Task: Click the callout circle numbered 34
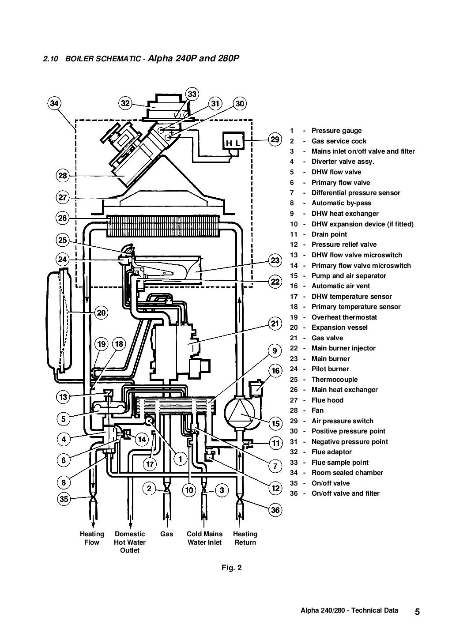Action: (54, 104)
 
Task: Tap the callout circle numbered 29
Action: (275, 140)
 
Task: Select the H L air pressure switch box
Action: (234, 142)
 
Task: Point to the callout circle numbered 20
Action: (101, 313)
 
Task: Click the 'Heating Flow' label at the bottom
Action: (92, 538)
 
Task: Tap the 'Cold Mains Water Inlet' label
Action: (204, 538)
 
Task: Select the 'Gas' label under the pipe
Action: (166, 534)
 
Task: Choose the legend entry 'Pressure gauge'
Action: (336, 131)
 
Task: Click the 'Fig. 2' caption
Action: (232, 568)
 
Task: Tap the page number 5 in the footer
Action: (417, 612)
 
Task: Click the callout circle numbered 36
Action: (275, 510)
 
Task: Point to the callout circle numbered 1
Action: (180, 459)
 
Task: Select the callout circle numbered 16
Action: (275, 371)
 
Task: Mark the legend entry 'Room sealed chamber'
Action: (347, 473)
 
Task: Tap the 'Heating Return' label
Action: (245, 538)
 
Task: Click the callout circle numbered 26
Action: (63, 218)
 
